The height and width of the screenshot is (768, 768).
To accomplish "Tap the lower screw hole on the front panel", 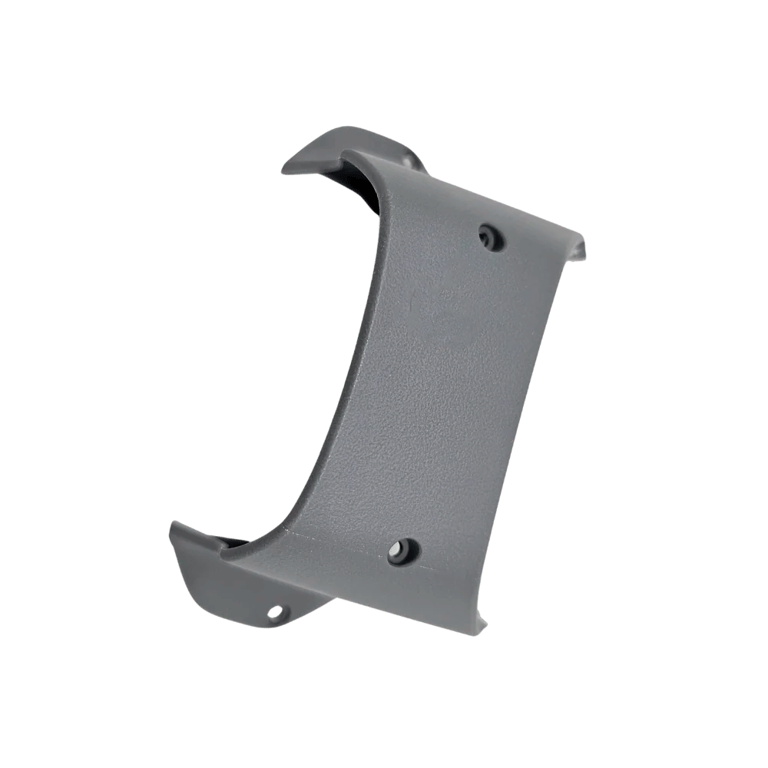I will [402, 551].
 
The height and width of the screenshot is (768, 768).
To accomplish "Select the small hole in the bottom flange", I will [276, 613].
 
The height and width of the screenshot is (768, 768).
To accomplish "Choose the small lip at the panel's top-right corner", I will [580, 246].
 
